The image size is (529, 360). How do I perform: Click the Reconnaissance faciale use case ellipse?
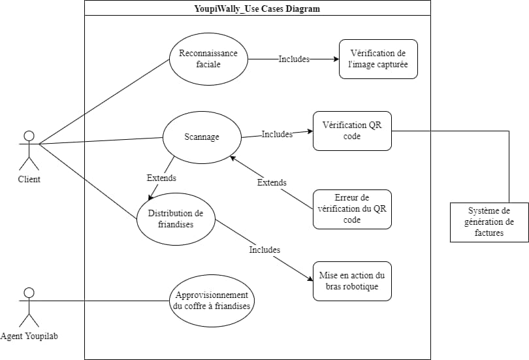[x=208, y=59]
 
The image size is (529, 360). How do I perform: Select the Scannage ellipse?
[x=202, y=137]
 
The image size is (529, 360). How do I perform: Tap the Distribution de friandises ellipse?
[x=176, y=219]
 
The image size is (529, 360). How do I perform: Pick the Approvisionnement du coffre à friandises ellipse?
[x=211, y=300]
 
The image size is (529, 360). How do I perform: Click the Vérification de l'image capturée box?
[x=378, y=59]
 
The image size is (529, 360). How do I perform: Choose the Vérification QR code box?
[x=352, y=131]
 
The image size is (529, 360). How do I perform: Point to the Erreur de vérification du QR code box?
[x=352, y=209]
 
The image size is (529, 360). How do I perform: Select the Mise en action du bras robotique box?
[x=352, y=281]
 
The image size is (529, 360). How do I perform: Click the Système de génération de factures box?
[x=489, y=222]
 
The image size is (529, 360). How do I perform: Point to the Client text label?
[x=29, y=179]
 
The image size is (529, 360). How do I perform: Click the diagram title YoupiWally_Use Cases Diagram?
[x=257, y=8]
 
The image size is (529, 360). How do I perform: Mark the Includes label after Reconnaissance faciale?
[x=294, y=59]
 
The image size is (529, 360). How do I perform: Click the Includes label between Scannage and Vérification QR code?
[x=277, y=134]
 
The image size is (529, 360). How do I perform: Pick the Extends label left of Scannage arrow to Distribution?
[x=161, y=177]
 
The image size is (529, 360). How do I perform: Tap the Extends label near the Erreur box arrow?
[x=272, y=182]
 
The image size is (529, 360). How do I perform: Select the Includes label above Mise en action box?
[x=264, y=250]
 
